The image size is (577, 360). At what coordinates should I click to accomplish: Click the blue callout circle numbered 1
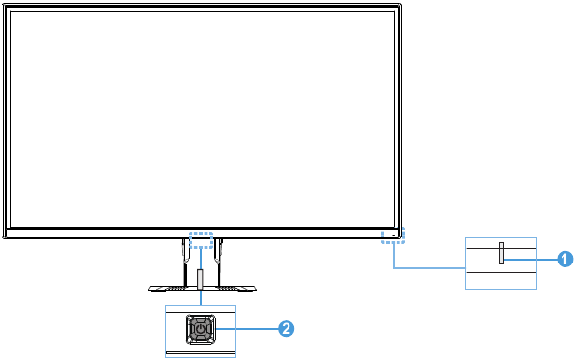[x=566, y=258]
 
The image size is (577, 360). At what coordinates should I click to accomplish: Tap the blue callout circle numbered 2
[x=286, y=329]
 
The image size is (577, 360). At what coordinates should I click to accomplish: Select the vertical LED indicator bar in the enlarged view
[x=501, y=255]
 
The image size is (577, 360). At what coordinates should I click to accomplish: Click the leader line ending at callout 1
[x=531, y=258]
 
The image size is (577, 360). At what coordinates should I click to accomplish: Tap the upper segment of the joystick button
[x=200, y=318]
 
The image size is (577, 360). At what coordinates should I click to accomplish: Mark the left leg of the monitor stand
[x=182, y=261]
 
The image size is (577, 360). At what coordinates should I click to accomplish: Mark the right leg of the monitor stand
[x=218, y=261]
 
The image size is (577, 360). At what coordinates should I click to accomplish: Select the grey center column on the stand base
[x=200, y=280]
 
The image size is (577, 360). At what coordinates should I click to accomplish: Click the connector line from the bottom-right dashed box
[x=425, y=266]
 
